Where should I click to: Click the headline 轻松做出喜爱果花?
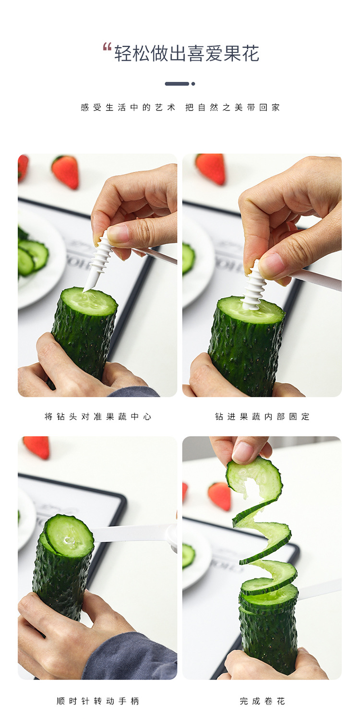click(187, 54)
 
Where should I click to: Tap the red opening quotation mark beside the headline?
click(107, 47)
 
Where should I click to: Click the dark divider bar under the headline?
click(177, 84)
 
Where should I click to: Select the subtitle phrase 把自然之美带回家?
click(233, 108)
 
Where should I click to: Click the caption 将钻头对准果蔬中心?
click(98, 417)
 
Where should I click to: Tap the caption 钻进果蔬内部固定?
click(262, 417)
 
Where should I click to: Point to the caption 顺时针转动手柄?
click(98, 701)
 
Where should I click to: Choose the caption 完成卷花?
click(262, 701)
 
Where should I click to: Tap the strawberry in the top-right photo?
click(211, 168)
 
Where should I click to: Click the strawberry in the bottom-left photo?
click(37, 446)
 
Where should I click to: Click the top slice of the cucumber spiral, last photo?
click(254, 478)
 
